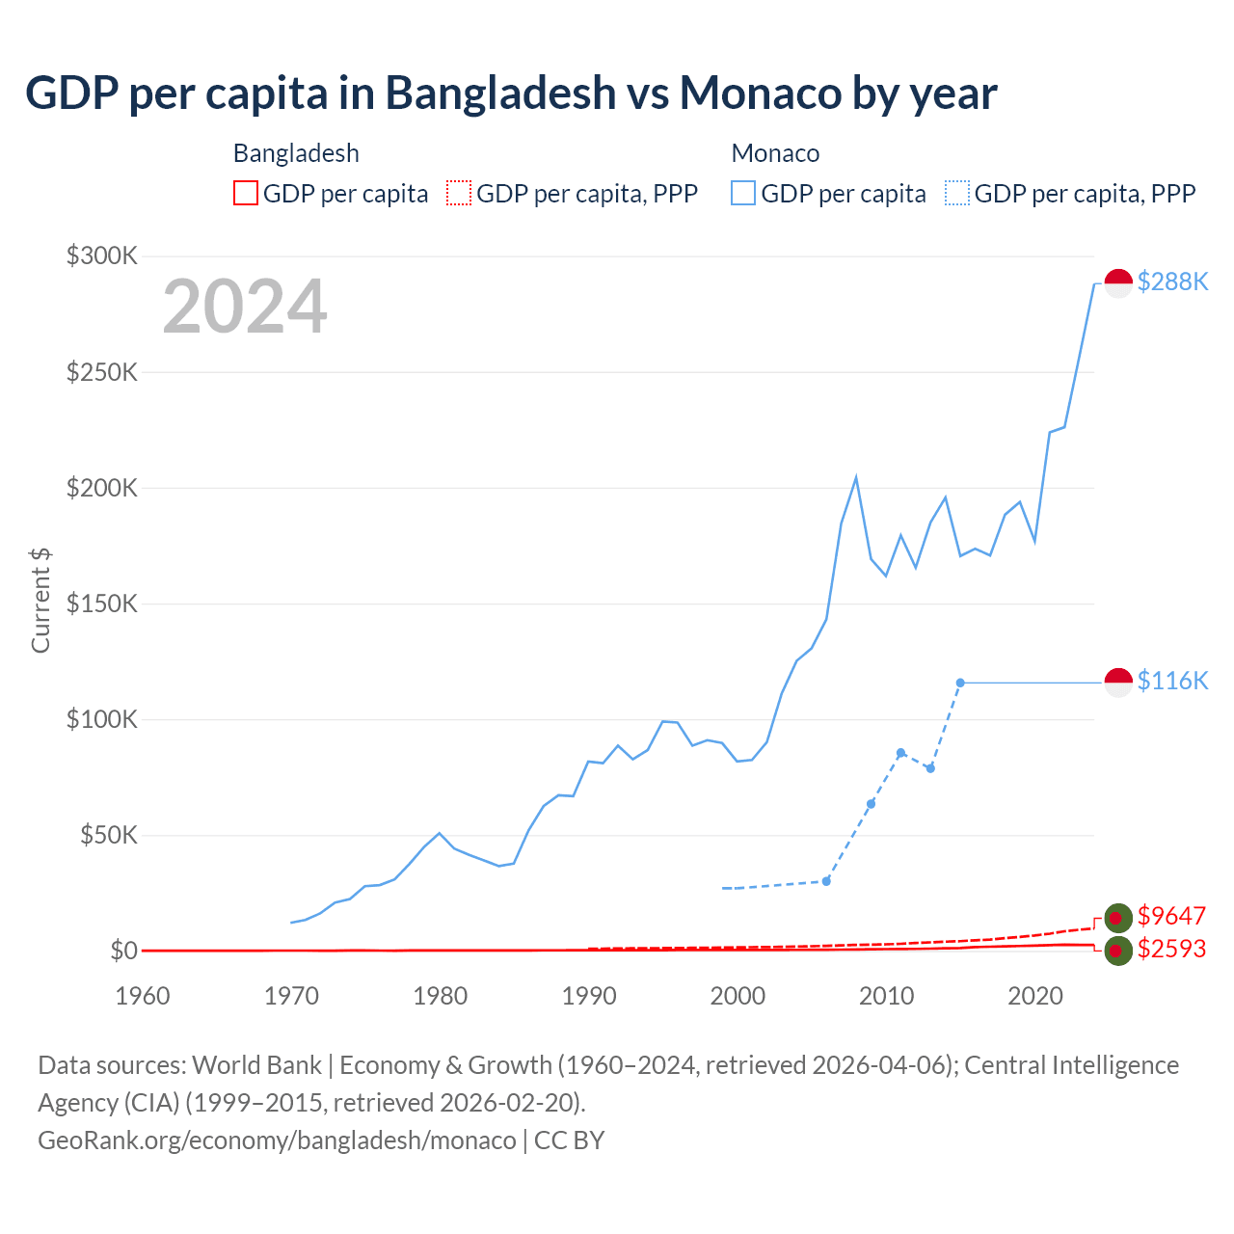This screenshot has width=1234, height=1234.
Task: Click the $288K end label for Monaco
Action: [1172, 282]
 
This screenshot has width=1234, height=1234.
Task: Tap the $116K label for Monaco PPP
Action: [1172, 681]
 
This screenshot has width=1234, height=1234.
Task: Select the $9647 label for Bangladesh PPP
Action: [1171, 915]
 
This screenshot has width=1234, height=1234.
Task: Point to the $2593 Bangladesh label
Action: [1171, 949]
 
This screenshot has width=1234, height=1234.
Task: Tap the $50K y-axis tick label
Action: [108, 835]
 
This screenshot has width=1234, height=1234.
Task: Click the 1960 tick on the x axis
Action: [143, 995]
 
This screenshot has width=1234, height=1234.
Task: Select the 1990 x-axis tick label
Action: [589, 995]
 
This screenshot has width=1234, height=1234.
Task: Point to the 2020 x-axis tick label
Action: [1035, 995]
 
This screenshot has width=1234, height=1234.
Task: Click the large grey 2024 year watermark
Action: [245, 307]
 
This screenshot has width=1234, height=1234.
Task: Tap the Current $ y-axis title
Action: [40, 600]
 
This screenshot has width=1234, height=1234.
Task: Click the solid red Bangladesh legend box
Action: [246, 193]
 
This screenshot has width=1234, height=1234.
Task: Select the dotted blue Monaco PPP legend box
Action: [957, 193]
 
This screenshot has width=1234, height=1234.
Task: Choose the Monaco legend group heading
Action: [775, 153]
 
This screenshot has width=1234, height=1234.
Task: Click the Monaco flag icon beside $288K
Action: [1118, 283]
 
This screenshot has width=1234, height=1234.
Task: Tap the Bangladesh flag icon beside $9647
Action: [1118, 918]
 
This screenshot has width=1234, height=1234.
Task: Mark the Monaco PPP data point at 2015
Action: [960, 683]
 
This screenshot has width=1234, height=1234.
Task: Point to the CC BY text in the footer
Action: [569, 1140]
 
